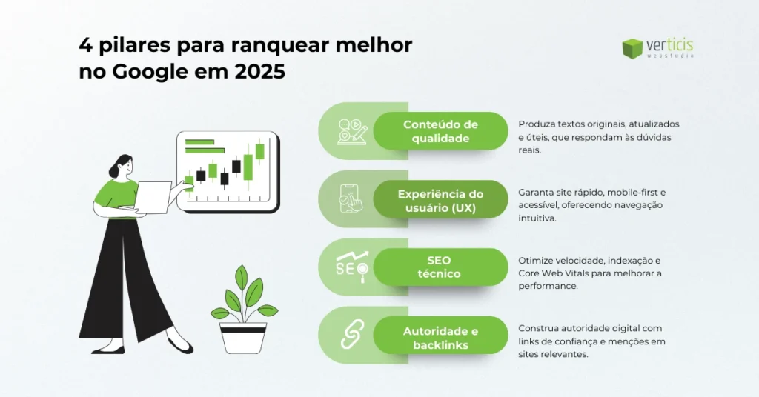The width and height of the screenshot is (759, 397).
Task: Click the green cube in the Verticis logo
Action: (632, 48)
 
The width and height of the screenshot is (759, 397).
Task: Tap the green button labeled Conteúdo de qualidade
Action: (440, 131)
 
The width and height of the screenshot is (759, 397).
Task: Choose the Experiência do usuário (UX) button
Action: (440, 201)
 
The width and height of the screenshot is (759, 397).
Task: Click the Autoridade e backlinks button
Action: (440, 337)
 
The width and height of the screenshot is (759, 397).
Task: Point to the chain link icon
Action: (351, 335)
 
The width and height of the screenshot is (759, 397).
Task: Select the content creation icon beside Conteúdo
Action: (351, 131)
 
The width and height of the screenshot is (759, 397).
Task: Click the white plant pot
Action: (242, 337)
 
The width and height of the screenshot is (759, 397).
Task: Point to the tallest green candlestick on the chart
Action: (260, 152)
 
